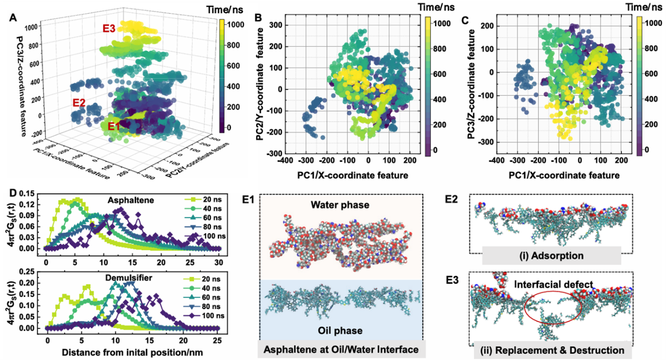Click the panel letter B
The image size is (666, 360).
tap(258, 17)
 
